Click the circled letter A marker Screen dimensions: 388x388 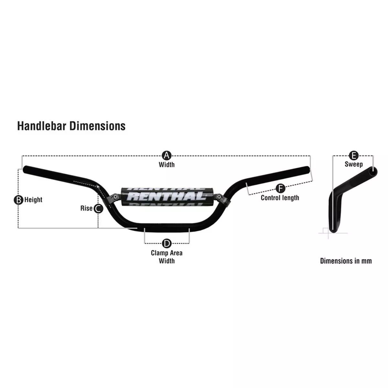pos(167,156)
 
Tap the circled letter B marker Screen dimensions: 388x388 pos(18,200)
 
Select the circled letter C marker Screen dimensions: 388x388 pos(99,209)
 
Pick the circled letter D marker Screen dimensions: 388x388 pos(167,243)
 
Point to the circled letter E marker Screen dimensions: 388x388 pos(354,156)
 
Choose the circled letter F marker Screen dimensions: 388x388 pos(280,189)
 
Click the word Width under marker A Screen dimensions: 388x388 pos(167,165)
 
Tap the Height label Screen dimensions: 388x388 pos(33,200)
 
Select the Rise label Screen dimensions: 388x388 pos(86,208)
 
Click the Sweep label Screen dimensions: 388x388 pos(354,164)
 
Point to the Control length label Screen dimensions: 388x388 pos(280,198)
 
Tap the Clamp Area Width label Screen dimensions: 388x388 pos(167,257)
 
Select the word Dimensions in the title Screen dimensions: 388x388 pos(97,126)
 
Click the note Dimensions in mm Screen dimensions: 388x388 pos(346,261)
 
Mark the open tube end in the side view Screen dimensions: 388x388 pos(373,172)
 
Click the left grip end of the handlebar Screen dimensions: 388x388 pos(26,169)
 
